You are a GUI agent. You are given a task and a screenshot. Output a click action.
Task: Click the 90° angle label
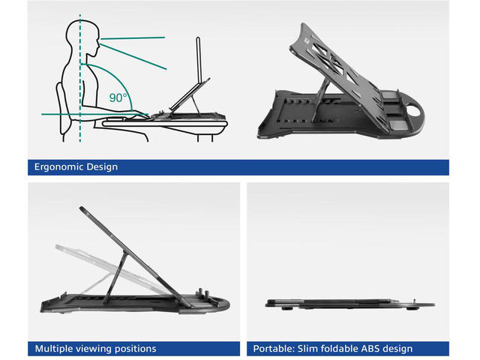tap(118, 97)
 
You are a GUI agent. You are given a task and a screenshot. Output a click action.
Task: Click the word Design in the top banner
tap(102, 167)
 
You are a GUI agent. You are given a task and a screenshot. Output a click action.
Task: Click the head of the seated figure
tap(82, 38)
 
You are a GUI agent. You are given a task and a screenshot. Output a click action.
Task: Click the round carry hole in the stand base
tap(413, 111)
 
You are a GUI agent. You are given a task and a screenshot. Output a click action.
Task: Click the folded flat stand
tap(349, 303)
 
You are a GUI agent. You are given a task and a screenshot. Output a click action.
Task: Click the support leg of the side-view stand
tap(115, 277)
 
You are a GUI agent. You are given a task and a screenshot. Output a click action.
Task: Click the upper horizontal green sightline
tap(133, 38)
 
